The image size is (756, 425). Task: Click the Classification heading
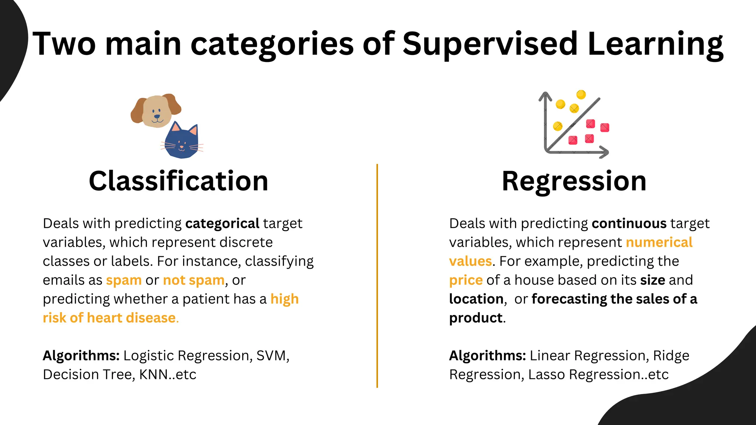point(178,181)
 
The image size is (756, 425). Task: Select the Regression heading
point(574,181)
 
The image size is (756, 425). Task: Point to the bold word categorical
point(222,224)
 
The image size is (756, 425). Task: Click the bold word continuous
point(629,224)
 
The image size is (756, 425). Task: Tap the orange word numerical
point(659,242)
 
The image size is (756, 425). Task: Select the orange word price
point(466,280)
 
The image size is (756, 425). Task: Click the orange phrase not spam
point(194,280)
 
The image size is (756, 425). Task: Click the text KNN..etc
point(168,374)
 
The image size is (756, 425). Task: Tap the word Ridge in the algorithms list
point(671,356)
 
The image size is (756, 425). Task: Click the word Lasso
point(547,374)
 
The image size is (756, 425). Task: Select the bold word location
point(476,299)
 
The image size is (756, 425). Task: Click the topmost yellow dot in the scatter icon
point(581,94)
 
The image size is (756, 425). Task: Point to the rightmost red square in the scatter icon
point(605,128)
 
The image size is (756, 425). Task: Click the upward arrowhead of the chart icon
point(545,96)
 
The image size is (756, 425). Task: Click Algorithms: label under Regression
point(487,356)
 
